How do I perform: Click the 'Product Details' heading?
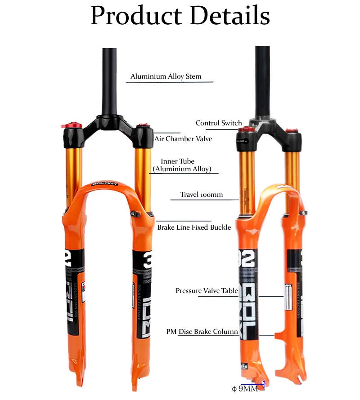180,16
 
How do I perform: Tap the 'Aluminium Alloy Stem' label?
166,76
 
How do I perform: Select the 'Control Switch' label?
219,123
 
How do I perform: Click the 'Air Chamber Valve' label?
183,139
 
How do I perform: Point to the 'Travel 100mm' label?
202,195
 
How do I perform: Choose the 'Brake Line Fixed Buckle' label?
194,227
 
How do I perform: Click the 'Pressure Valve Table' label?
207,291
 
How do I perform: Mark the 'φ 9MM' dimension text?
245,388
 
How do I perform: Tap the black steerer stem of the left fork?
107,81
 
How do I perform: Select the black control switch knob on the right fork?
246,141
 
